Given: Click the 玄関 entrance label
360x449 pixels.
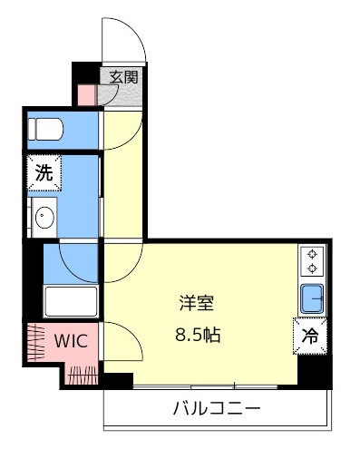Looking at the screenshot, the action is (x=123, y=77).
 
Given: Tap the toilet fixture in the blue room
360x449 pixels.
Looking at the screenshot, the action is (x=45, y=129).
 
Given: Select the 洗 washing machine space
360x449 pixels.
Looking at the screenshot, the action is (x=44, y=172).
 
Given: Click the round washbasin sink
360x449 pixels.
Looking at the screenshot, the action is (x=44, y=217).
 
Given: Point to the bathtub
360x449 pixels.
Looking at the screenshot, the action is (x=71, y=301).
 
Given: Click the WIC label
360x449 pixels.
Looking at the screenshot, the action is (x=71, y=341).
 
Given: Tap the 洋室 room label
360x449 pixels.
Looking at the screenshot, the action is (x=197, y=303).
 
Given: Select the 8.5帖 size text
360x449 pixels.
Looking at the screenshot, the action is (x=198, y=335).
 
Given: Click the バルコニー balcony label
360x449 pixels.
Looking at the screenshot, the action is (x=217, y=409).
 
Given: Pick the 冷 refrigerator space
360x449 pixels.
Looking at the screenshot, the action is (x=310, y=336).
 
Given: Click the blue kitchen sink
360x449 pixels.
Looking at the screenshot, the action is (x=312, y=298).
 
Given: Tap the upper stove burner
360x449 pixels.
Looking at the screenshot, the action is (x=312, y=254).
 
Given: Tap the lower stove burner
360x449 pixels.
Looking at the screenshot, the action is (x=312, y=268).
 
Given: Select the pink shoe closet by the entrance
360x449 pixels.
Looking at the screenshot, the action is (x=87, y=95).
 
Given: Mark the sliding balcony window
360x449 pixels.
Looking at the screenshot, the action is (x=206, y=386).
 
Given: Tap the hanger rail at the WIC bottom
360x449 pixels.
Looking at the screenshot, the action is (x=83, y=375).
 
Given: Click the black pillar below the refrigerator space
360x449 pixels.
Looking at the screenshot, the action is (x=315, y=371).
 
